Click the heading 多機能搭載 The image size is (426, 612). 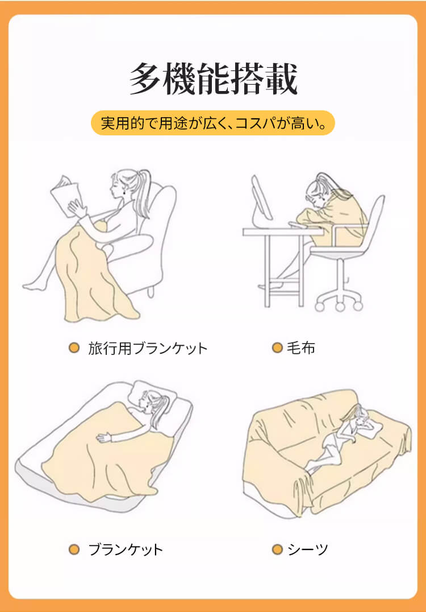(213, 79)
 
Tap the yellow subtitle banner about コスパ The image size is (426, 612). (213, 123)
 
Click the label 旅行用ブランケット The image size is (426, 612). (148, 348)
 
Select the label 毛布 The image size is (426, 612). (301, 348)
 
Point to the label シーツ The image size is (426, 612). (308, 549)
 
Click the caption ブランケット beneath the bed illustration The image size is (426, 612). (126, 549)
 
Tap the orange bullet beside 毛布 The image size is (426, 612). (277, 348)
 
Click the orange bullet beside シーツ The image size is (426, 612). (277, 549)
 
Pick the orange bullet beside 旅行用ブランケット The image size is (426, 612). (74, 348)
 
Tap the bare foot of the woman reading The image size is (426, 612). (33, 286)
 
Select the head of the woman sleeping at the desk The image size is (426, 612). (318, 193)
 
